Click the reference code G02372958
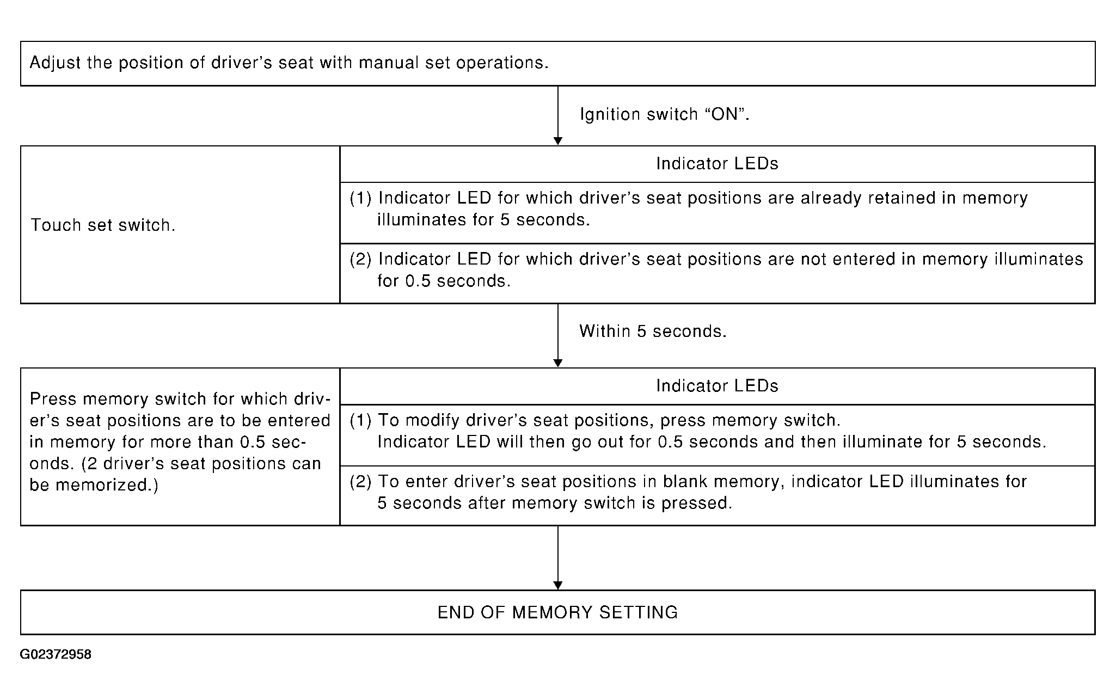coord(56,654)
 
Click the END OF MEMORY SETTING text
coord(558,612)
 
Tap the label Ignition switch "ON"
coord(665,114)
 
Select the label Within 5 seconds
coord(653,331)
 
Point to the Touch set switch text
coord(103,225)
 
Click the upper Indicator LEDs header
coord(717,163)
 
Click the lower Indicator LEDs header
coord(717,385)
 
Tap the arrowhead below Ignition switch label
coord(557,141)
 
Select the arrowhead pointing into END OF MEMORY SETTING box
coord(557,586)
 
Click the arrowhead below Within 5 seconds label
coord(557,363)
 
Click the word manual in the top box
coord(388,63)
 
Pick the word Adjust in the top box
coord(56,63)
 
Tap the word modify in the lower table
coord(432,421)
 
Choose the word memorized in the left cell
coord(107,484)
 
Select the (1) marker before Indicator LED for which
coord(360,198)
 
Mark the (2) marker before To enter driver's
coord(360,481)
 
